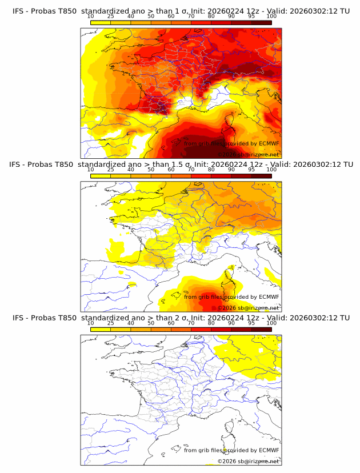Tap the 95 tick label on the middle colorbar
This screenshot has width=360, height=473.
click(x=251, y=170)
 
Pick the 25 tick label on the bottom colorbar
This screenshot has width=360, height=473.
click(x=110, y=323)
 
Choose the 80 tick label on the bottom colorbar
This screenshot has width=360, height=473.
click(x=211, y=323)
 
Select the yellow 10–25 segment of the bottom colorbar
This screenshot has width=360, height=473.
click(x=100, y=330)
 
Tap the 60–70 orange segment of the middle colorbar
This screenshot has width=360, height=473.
click(x=181, y=176)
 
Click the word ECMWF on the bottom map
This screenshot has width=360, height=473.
click(x=269, y=451)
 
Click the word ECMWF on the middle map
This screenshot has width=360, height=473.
click(x=269, y=297)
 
